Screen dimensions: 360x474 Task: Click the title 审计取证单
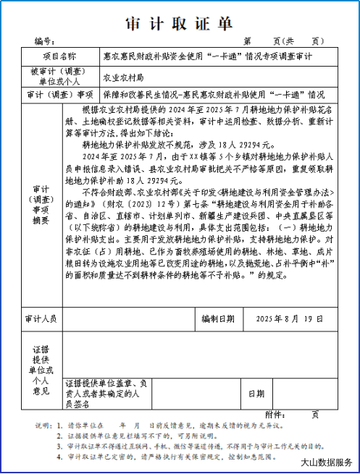click(180, 23)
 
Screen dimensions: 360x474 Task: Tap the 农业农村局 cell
click(124, 76)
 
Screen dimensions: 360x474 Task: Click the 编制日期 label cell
click(218, 318)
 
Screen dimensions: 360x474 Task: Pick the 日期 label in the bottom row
click(256, 394)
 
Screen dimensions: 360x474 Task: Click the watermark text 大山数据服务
click(326, 462)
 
